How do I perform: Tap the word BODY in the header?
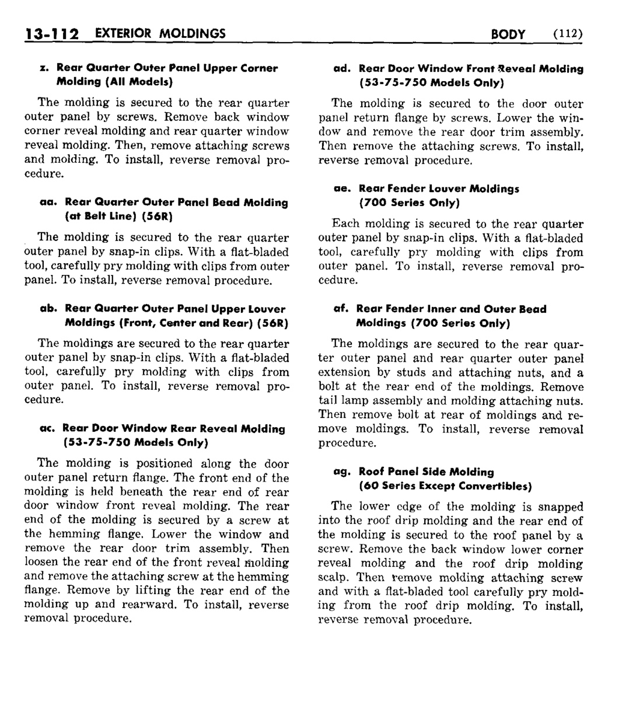click(x=508, y=34)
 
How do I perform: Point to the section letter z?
click(x=44, y=68)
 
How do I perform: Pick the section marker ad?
click(x=341, y=69)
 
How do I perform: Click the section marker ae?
click(x=342, y=189)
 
